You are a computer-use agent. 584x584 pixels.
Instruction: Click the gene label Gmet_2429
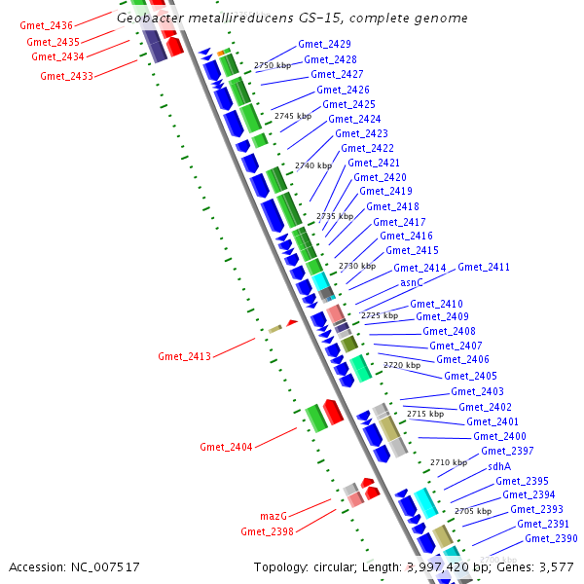[x=325, y=45]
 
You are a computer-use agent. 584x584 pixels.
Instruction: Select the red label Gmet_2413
[x=184, y=357]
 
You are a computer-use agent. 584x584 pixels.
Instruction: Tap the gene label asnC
[x=412, y=282]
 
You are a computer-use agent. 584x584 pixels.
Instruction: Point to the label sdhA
[x=499, y=466]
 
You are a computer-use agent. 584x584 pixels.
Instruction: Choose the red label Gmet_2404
[x=226, y=448]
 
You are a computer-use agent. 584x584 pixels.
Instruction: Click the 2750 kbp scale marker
[x=273, y=65]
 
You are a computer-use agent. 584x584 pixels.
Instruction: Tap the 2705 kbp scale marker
[x=473, y=511]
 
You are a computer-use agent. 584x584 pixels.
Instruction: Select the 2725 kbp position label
[x=380, y=315]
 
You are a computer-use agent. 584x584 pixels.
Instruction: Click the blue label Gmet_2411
[x=484, y=268]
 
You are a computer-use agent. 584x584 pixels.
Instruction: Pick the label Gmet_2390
[x=551, y=539]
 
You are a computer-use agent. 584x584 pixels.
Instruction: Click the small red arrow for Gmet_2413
[x=291, y=322]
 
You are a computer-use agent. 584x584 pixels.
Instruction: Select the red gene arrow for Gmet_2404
[x=333, y=411]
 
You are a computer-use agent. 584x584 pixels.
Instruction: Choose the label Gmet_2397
[x=507, y=452]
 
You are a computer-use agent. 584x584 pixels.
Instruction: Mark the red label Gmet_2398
[x=267, y=531]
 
